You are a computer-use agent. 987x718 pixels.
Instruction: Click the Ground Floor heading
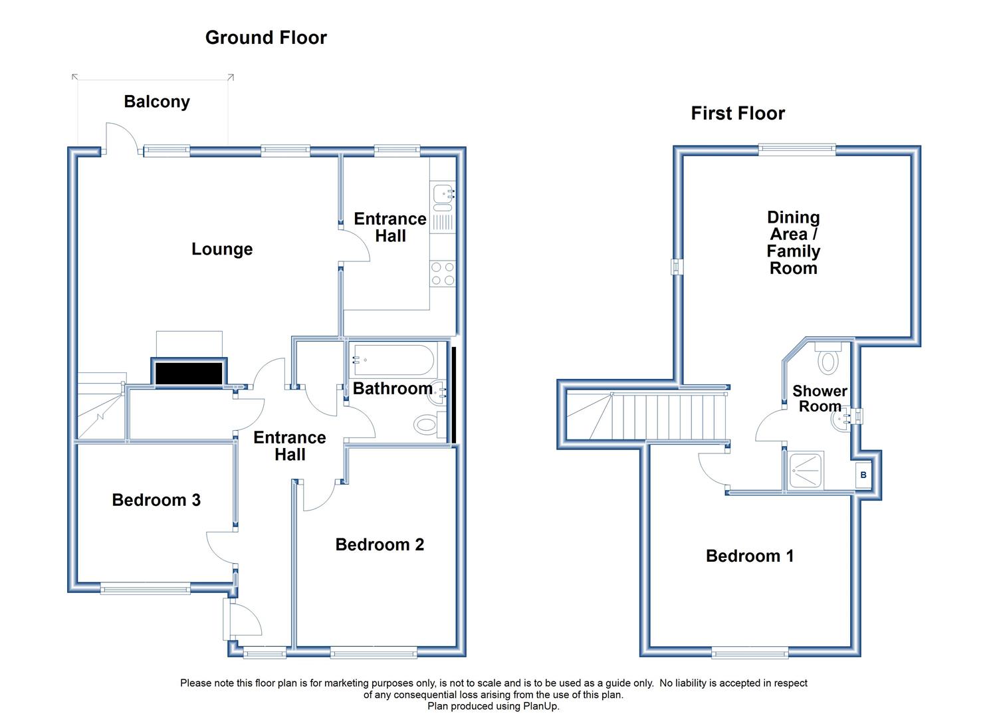pos(266,38)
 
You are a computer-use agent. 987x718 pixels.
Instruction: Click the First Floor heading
pos(738,113)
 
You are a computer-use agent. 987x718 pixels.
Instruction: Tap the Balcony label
pos(157,102)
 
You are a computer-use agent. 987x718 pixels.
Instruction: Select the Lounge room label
pos(222,249)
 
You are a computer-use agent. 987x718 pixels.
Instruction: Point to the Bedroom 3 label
pos(156,500)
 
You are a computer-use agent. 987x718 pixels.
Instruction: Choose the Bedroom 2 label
pos(380,544)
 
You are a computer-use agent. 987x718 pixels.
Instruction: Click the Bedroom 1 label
pos(750,556)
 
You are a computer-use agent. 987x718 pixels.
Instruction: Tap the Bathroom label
pos(393,388)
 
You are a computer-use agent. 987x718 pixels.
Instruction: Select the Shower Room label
pos(820,398)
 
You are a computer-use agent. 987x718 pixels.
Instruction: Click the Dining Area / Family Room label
pos(793,243)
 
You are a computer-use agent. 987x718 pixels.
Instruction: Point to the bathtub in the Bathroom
pos(393,360)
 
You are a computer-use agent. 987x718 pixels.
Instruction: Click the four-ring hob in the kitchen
pos(443,274)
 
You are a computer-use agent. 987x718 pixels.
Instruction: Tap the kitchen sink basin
pos(443,193)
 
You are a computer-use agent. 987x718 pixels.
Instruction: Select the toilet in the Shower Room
pos(828,357)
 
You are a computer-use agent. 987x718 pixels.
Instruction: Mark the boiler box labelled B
pos(863,475)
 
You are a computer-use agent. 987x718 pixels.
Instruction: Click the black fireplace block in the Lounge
pos(189,374)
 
